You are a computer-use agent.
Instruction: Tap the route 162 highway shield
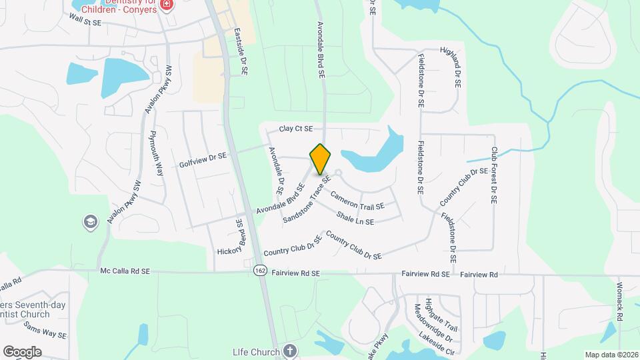click(x=260, y=270)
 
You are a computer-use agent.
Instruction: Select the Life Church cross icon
click(x=289, y=350)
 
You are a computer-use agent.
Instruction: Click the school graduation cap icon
click(x=91, y=222)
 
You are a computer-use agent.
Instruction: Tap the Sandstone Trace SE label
click(x=307, y=199)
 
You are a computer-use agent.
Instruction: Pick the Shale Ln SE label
click(x=365, y=218)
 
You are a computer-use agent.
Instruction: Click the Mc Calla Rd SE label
click(x=125, y=271)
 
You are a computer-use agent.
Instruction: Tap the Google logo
click(x=22, y=351)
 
